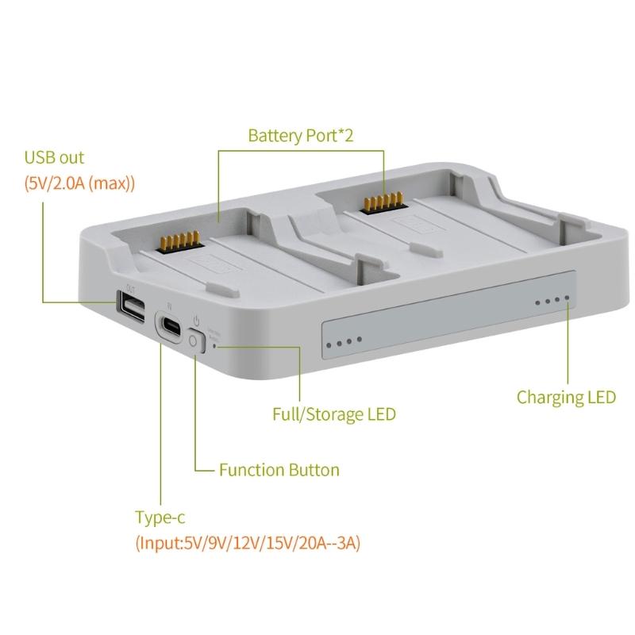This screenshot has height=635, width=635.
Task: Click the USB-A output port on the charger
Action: pyautogui.click(x=132, y=307)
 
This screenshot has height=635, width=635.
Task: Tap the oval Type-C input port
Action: pyautogui.click(x=169, y=327)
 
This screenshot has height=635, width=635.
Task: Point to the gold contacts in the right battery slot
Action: pyautogui.click(x=382, y=203)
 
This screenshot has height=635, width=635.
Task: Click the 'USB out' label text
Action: pyautogui.click(x=54, y=158)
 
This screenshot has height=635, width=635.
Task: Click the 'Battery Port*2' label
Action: pyautogui.click(x=300, y=136)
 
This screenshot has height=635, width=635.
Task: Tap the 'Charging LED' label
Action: pyautogui.click(x=566, y=397)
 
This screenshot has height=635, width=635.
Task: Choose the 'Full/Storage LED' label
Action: pyautogui.click(x=333, y=414)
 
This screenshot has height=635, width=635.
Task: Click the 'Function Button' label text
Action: pyautogui.click(x=279, y=470)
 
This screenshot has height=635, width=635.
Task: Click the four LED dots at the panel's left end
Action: pyautogui.click(x=343, y=344)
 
